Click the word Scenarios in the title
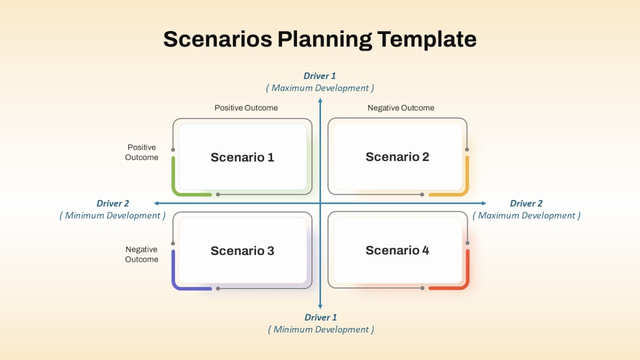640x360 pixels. point(218,39)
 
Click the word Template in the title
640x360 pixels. point(427,39)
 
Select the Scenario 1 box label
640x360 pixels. point(242,157)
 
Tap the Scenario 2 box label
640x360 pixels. point(397,157)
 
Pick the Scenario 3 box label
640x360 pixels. point(242,251)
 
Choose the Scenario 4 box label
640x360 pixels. point(397,250)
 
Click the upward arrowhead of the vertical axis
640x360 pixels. point(321,100)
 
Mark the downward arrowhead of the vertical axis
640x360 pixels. point(321,307)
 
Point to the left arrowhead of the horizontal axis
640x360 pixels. point(156,203)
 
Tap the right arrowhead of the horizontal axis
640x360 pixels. point(484,203)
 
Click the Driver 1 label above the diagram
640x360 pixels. point(319,76)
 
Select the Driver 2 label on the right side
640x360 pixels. point(526,203)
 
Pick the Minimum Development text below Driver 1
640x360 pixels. point(321,330)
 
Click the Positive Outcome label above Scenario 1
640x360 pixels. point(246,108)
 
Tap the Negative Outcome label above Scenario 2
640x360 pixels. point(401,108)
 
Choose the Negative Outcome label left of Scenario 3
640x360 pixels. point(141,254)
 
